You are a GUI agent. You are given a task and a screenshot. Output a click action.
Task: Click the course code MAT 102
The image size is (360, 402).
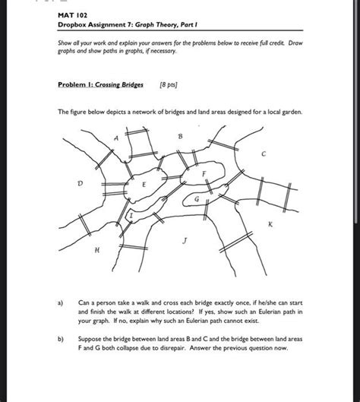(72, 15)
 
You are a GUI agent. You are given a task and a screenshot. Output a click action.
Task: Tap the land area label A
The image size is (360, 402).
(116, 138)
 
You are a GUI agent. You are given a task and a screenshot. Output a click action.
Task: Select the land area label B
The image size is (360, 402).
(180, 136)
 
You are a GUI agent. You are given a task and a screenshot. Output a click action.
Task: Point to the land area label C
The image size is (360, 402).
(264, 154)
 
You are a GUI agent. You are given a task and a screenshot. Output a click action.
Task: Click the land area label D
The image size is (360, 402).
(81, 184)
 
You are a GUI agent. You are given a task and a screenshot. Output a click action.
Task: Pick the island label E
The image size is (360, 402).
(144, 185)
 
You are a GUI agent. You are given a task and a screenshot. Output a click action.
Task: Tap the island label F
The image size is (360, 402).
(204, 174)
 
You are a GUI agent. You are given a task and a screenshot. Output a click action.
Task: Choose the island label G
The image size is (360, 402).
(197, 199)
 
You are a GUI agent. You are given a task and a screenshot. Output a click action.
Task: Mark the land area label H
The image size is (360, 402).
(97, 250)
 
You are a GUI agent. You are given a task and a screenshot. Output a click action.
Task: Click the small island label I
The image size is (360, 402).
(131, 215)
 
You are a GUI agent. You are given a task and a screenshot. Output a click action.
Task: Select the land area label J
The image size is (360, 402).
(185, 241)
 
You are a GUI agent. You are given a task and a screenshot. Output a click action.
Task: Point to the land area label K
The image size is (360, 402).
(270, 224)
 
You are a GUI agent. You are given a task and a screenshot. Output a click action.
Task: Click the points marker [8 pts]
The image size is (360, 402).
(169, 84)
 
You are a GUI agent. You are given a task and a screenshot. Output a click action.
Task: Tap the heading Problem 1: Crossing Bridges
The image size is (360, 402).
(100, 84)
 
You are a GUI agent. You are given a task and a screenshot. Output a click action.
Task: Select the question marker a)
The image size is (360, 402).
(61, 303)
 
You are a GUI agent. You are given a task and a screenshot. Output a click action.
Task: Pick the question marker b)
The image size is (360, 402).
(61, 339)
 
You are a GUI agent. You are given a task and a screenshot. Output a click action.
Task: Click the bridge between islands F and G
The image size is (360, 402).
(209, 186)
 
